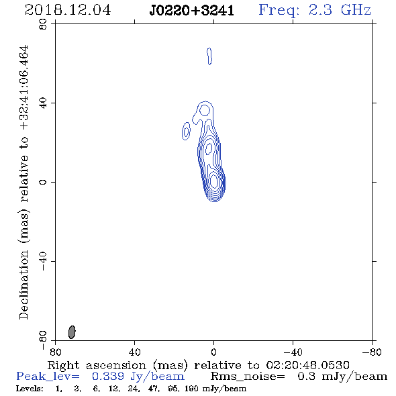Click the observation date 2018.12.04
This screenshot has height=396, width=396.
68,10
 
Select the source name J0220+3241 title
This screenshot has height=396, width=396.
192,11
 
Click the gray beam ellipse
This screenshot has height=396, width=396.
72,332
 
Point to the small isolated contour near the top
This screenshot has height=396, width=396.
209,56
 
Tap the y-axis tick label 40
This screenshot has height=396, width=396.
43,103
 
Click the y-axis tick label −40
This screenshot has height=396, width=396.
43,261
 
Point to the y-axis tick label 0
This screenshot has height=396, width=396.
43,182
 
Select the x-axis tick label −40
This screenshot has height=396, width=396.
293,352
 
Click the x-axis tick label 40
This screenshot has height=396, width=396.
134,352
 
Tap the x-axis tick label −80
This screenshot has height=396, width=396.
372,352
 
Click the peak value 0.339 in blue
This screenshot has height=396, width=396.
108,377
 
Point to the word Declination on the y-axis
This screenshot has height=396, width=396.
23,285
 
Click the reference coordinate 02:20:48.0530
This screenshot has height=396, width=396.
307,365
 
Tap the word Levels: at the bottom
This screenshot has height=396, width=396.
30,389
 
